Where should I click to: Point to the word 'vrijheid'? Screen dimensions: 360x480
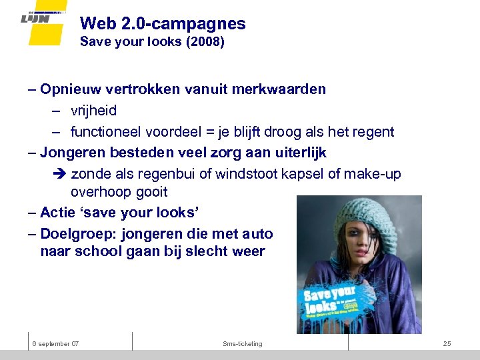[93, 111]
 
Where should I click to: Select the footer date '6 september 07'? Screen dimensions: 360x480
[56, 343]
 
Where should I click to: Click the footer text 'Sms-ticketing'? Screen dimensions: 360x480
[243, 343]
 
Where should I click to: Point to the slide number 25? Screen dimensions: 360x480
[447, 343]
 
